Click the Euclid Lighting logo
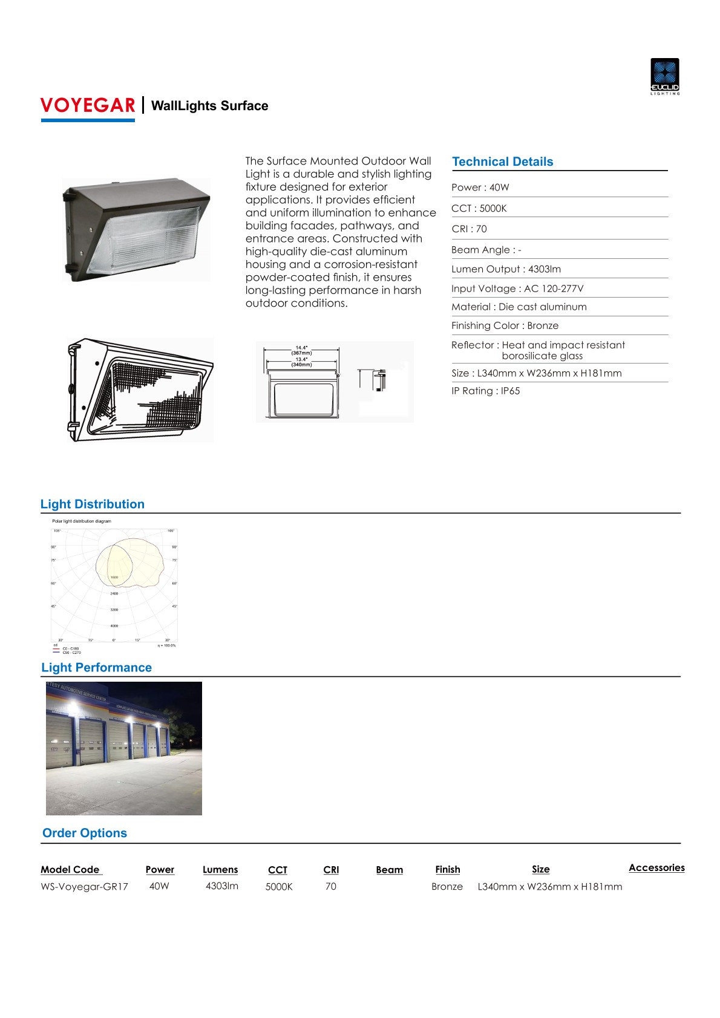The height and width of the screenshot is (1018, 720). (664, 76)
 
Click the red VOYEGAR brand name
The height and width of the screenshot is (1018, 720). (88, 105)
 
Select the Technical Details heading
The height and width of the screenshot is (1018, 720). (502, 162)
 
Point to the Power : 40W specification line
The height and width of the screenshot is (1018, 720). (480, 188)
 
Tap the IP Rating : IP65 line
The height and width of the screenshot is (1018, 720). (485, 391)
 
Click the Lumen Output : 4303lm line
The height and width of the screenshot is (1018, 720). (506, 269)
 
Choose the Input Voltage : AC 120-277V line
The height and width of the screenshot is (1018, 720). (517, 289)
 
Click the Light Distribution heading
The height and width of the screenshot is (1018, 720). (93, 504)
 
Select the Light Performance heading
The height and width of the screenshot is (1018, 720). (96, 667)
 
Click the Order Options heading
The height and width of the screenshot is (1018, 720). (85, 833)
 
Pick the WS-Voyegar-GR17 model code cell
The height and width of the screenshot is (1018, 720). (84, 887)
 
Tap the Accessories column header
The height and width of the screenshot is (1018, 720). (656, 868)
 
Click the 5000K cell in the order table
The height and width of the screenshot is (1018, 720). (279, 887)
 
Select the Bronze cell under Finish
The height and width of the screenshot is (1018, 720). (447, 887)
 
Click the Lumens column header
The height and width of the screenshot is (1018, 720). (220, 870)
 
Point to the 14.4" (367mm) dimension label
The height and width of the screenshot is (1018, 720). (301, 350)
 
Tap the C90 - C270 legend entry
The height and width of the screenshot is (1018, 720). (71, 653)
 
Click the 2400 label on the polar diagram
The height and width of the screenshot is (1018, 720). (114, 593)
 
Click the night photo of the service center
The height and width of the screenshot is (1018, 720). (124, 748)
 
